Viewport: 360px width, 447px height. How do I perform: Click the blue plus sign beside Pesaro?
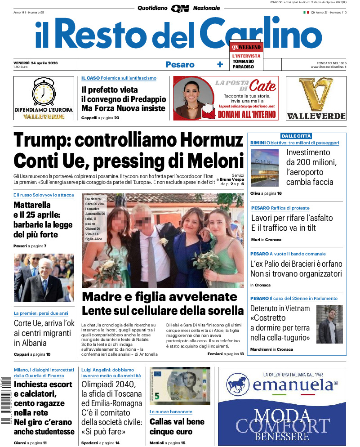[x=220, y=65]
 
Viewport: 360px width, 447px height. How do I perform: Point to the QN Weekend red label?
[x=246, y=47]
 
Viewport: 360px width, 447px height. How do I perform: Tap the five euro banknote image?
[x=179, y=386]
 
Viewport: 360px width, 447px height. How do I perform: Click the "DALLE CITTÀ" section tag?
[x=296, y=136]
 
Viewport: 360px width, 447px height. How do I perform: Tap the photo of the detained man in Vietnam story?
[x=329, y=324]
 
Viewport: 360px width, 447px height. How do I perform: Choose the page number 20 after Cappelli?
[x=116, y=118]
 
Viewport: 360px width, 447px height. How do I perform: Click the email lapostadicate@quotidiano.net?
[x=246, y=106]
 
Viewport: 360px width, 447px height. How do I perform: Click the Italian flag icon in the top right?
[x=306, y=13]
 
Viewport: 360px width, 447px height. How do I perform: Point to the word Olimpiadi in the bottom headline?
[x=102, y=384]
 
